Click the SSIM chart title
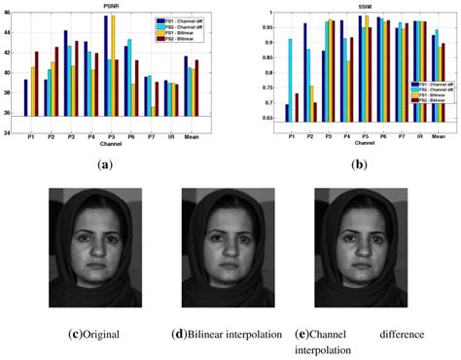pyautogui.click(x=365, y=5)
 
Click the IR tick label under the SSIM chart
pyautogui.click(x=419, y=135)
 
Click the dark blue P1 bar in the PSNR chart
pyautogui.click(x=27, y=98)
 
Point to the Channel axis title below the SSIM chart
pyautogui.click(x=365, y=143)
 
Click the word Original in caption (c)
pyautogui.click(x=101, y=335)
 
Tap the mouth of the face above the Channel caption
pyautogui.click(x=355, y=271)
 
